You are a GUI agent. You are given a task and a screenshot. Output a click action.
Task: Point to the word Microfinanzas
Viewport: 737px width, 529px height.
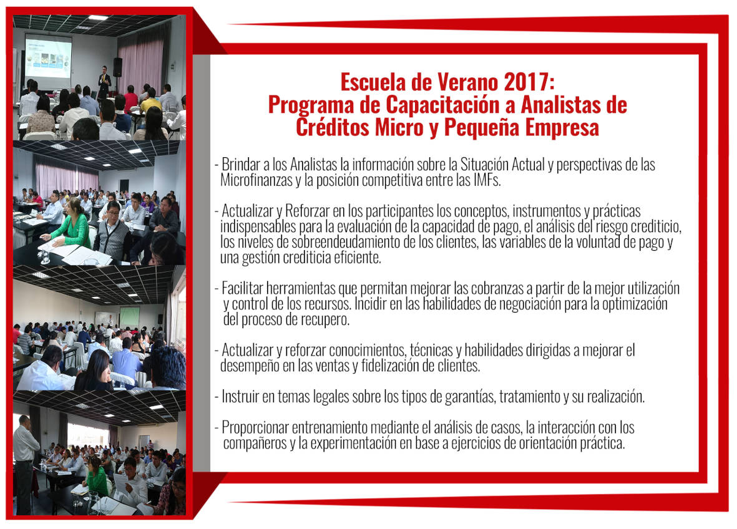tap(256, 180)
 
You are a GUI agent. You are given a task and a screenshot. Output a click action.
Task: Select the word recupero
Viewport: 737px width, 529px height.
tap(326, 321)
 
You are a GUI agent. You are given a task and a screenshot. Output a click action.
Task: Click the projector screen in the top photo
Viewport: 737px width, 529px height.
tap(49, 56)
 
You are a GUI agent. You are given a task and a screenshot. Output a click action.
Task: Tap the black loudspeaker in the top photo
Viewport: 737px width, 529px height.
tap(117, 67)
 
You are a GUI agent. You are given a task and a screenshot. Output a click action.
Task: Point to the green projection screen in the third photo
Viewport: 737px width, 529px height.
tap(129, 318)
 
